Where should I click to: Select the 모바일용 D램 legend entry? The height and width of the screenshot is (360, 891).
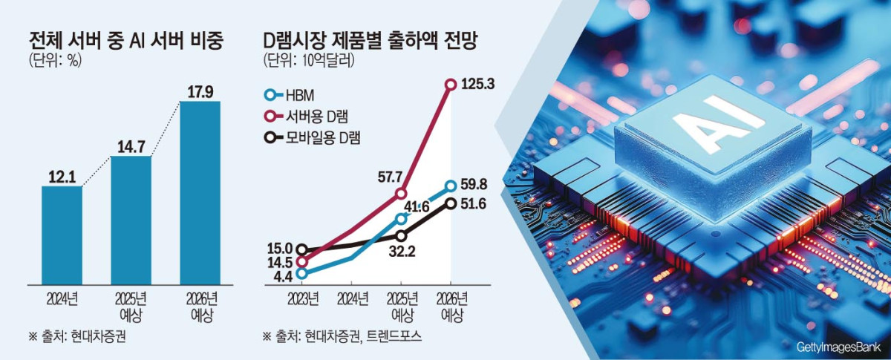pyautogui.click(x=312, y=137)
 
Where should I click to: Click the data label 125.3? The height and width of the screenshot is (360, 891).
pyautogui.click(x=477, y=85)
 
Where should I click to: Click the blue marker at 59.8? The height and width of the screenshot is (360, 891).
pyautogui.click(x=451, y=186)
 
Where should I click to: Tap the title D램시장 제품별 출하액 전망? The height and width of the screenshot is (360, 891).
pyautogui.click(x=370, y=42)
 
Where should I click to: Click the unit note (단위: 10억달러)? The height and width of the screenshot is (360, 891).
pyautogui.click(x=308, y=62)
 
